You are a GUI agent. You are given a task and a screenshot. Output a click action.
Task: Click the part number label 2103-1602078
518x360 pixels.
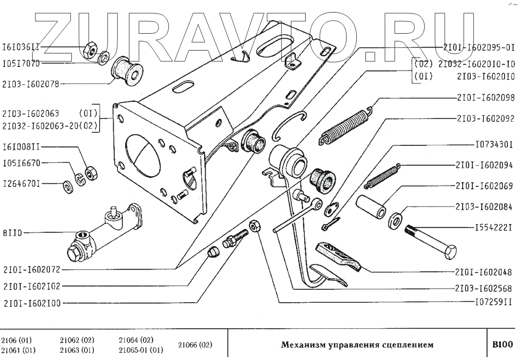coord(31,83)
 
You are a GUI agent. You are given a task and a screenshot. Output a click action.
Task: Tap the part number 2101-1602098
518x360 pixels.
coord(484,98)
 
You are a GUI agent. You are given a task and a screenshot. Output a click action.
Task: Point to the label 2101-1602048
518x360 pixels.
coord(484,271)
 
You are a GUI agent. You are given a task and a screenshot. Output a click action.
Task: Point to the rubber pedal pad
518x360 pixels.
coord(339,256)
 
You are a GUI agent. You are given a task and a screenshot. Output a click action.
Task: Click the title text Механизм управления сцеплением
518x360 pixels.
coord(357,345)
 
